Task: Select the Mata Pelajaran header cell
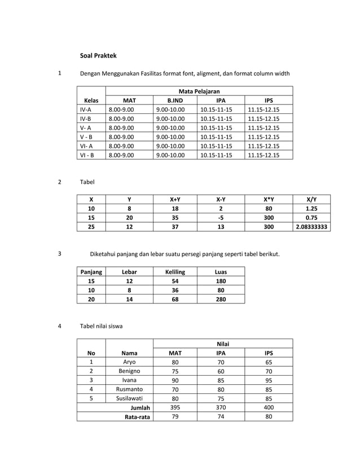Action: (199, 91)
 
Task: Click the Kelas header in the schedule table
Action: (91, 100)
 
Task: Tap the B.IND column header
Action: (175, 100)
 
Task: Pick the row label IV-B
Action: (86, 118)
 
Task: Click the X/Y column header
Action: (311, 199)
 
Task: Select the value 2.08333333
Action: (311, 227)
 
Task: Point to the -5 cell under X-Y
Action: (221, 218)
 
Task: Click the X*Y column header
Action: (268, 199)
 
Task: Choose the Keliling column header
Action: (175, 271)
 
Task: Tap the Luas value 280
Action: (221, 299)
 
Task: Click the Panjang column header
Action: (91, 271)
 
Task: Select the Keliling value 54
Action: (175, 281)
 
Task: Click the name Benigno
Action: (129, 371)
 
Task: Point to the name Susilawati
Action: (129, 398)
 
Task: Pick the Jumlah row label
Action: (140, 407)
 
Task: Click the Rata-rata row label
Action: (137, 417)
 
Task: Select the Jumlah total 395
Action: (175, 407)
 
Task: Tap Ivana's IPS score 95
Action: (269, 380)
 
